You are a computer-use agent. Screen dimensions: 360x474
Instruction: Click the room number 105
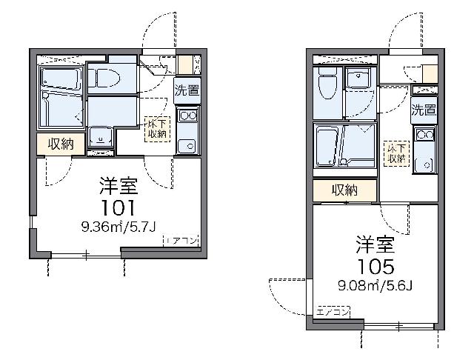tap(374, 264)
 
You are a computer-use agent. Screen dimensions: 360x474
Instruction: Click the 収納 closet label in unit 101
tap(61, 144)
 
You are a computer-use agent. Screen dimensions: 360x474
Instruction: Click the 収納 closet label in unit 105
tap(344, 190)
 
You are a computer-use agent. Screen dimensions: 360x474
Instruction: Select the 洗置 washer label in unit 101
tap(187, 93)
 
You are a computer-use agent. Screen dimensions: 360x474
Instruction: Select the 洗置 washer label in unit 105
tap(424, 111)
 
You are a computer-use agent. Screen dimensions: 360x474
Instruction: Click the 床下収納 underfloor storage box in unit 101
tap(157, 128)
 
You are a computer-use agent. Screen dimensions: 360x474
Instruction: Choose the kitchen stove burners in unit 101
tap(187, 115)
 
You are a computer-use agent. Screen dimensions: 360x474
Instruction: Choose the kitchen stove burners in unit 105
tap(424, 135)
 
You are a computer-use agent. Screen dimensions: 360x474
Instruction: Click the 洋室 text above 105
tap(374, 244)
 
